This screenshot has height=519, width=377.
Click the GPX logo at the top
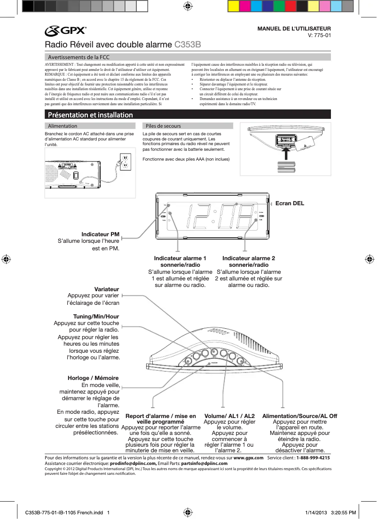pyautogui.click(x=66, y=31)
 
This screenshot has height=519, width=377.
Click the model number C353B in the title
pyautogui.click(x=188, y=45)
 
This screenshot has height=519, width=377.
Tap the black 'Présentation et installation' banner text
pyautogui.click(x=89, y=115)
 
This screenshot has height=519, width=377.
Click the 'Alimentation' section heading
pyautogui.click(x=63, y=126)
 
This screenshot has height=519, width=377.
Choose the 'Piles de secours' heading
pyautogui.click(x=163, y=126)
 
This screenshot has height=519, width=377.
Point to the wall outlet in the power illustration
pyautogui.click(x=124, y=161)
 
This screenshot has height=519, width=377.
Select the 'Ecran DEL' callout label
pyautogui.click(x=290, y=203)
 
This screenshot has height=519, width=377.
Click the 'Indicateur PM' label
pyautogui.click(x=100, y=234)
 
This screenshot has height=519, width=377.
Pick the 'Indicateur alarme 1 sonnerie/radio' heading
pyautogui.click(x=180, y=262)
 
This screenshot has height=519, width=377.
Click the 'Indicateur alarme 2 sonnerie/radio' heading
pyautogui.click(x=249, y=262)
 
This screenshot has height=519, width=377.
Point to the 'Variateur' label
pyautogui.click(x=107, y=289)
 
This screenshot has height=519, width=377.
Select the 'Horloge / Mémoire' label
pyautogui.click(x=93, y=378)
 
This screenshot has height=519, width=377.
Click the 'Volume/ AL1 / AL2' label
pyautogui.click(x=229, y=416)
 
